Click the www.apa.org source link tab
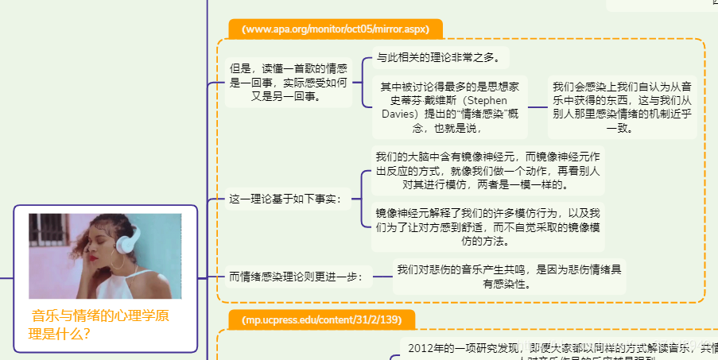click(x=336, y=29)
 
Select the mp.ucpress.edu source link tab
click(x=322, y=320)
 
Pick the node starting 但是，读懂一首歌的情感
click(x=288, y=83)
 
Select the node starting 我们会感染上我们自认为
click(x=622, y=107)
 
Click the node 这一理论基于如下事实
click(x=285, y=199)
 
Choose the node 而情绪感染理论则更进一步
click(x=296, y=277)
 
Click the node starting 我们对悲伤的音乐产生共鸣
click(x=509, y=277)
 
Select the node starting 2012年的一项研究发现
click(x=557, y=350)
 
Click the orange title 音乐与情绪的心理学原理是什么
click(x=99, y=324)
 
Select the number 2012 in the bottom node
click(x=423, y=348)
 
